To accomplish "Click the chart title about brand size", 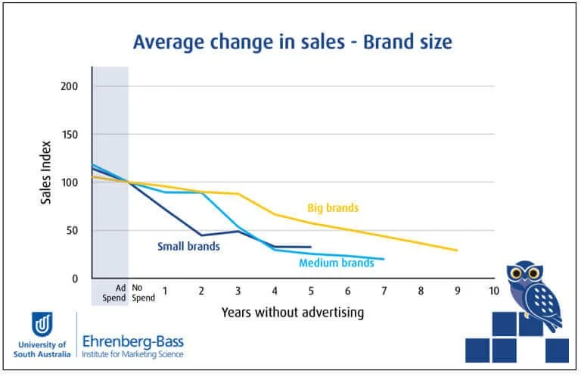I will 292,42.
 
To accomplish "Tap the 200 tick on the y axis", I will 70,86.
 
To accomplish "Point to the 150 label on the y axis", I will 70,135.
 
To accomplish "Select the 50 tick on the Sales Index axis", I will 73,231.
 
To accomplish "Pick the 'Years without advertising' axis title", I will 292,312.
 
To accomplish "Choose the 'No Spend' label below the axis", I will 142,293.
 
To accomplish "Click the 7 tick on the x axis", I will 384,291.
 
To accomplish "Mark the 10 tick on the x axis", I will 493,291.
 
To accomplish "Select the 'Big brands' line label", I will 333,207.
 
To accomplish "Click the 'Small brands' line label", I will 188,246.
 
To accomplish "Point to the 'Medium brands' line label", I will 337,263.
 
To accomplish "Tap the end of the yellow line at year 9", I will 457,250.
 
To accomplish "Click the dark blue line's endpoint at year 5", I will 311,247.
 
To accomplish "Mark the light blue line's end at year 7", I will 384,259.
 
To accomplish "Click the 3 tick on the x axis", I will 238,291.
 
